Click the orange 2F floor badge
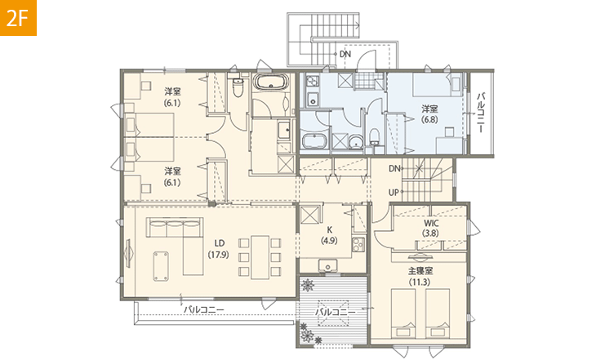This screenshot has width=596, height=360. (x=18, y=18)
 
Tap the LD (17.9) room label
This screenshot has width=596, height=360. (x=218, y=249)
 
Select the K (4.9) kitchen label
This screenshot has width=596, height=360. (x=329, y=235)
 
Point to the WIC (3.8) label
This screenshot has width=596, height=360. (x=430, y=228)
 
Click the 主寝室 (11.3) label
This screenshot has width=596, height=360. (x=420, y=277)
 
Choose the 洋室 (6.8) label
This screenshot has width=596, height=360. (x=429, y=114)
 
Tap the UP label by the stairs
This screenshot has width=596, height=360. (x=394, y=193)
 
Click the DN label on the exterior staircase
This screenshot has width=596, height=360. (x=345, y=54)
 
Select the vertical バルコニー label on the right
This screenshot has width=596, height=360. (x=481, y=112)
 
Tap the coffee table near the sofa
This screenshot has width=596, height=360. (x=161, y=266)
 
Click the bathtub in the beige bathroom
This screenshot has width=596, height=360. (x=271, y=82)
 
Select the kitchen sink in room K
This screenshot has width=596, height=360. (x=327, y=264)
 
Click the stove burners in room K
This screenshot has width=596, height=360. (x=358, y=244)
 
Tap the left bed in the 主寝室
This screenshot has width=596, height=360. (x=403, y=313)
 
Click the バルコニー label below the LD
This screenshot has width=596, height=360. (x=204, y=310)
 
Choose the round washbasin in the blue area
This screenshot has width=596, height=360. (x=356, y=142)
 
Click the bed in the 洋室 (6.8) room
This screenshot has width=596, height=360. (x=437, y=84)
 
